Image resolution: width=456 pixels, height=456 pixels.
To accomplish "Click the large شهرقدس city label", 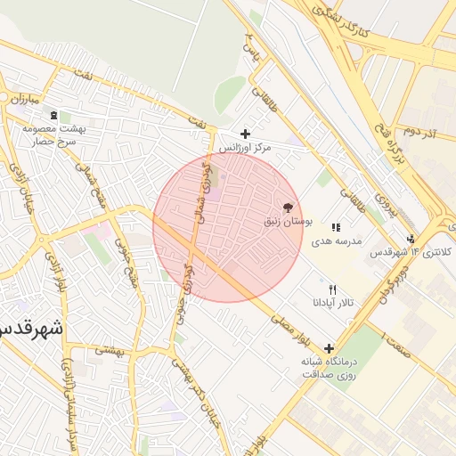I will pos(31,327).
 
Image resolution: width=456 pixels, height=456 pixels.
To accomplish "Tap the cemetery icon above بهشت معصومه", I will pos(53,115).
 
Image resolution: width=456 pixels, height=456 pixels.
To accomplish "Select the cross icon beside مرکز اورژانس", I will pos(245,134).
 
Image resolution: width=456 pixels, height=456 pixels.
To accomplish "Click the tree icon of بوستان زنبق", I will pos(286,206).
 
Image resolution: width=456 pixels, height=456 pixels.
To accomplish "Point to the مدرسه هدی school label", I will pos(335,241).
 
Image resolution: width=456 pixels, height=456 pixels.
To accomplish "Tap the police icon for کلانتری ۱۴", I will pos(411,238).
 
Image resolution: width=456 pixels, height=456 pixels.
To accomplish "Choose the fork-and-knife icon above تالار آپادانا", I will pos(333,289).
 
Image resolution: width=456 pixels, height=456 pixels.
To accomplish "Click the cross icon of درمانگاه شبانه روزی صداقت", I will pos(330,348).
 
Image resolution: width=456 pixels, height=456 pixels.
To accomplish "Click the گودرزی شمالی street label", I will pos(205,191).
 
